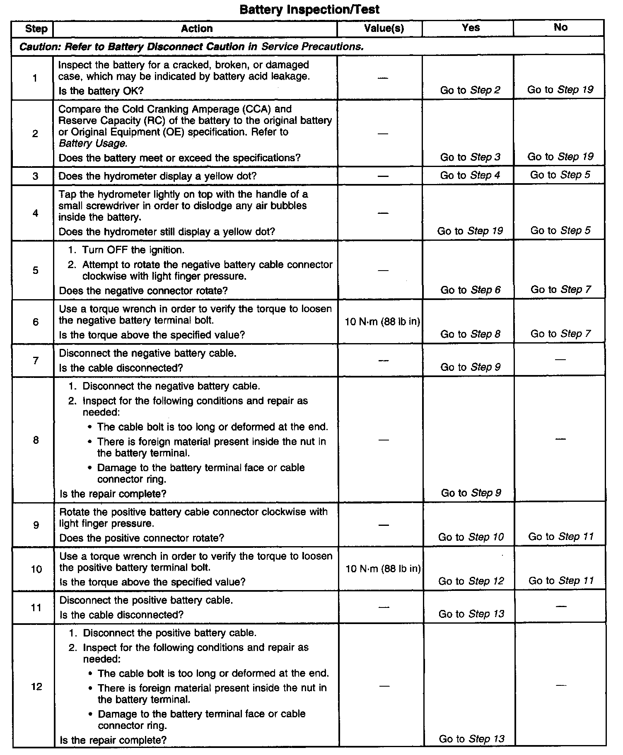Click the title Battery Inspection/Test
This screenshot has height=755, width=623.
(x=309, y=9)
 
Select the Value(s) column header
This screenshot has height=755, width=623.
(x=384, y=28)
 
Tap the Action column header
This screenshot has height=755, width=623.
(x=197, y=28)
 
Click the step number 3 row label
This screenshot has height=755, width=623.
(x=35, y=176)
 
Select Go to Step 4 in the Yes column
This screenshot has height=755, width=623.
(x=470, y=175)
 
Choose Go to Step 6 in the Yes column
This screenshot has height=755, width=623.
(x=470, y=290)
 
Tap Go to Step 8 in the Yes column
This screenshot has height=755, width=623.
(x=470, y=334)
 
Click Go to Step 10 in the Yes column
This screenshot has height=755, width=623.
(x=471, y=537)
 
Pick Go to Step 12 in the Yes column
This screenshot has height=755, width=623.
(x=471, y=581)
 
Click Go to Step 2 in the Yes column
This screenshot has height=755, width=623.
(x=470, y=90)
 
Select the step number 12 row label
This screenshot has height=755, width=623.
(x=36, y=687)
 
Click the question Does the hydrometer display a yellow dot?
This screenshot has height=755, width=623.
(x=157, y=176)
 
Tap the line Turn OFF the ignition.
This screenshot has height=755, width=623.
(x=133, y=250)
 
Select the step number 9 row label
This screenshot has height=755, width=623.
(x=36, y=525)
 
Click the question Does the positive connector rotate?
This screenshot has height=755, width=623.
(x=142, y=538)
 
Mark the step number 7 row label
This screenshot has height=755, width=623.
(x=36, y=361)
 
